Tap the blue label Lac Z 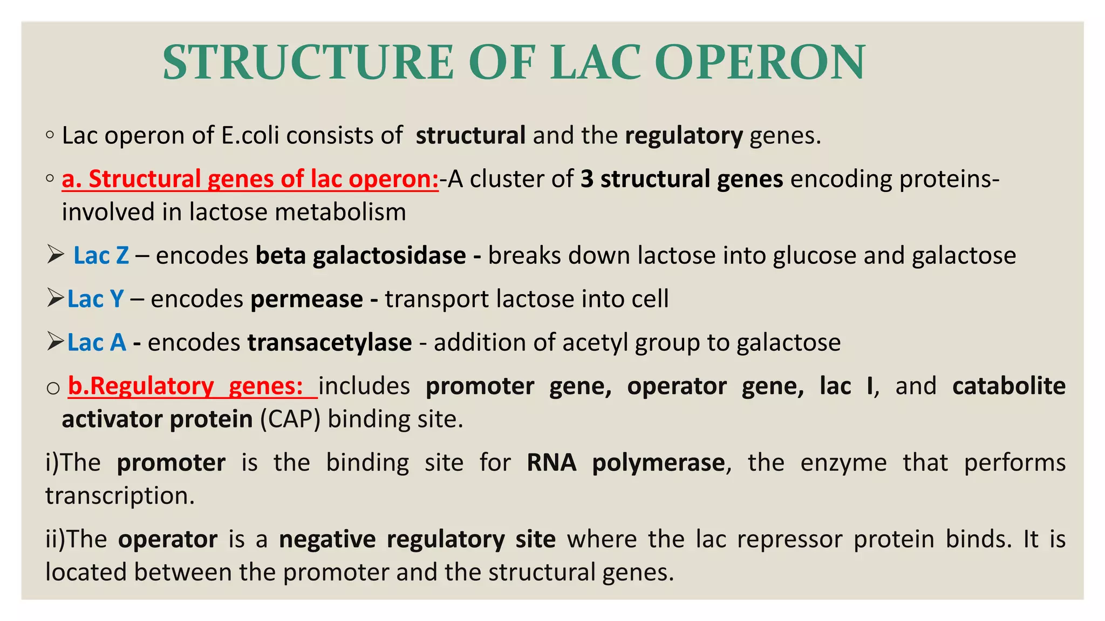(101, 256)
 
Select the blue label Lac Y (96, 299)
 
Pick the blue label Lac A (97, 343)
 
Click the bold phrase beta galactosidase (360, 256)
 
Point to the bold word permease (306, 299)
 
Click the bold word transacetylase (330, 343)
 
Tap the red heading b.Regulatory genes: (192, 386)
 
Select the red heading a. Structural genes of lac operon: (250, 179)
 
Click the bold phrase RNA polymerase (626, 463)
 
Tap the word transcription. (120, 496)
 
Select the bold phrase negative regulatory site (417, 540)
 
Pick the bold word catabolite (1008, 386)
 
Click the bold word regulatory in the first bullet (684, 135)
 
